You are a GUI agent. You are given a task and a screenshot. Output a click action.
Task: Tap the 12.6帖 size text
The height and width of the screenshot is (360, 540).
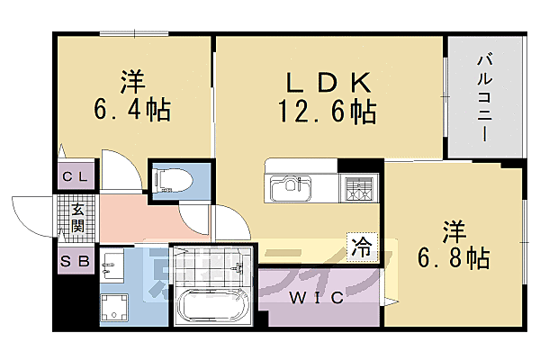tap(328, 112)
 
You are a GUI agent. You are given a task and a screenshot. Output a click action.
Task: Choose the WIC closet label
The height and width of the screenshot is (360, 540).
tap(315, 298)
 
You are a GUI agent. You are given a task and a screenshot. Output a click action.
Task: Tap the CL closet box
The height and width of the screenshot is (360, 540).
tap(76, 176)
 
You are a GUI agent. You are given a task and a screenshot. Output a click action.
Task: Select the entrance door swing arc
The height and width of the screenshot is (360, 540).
tap(31, 216)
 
